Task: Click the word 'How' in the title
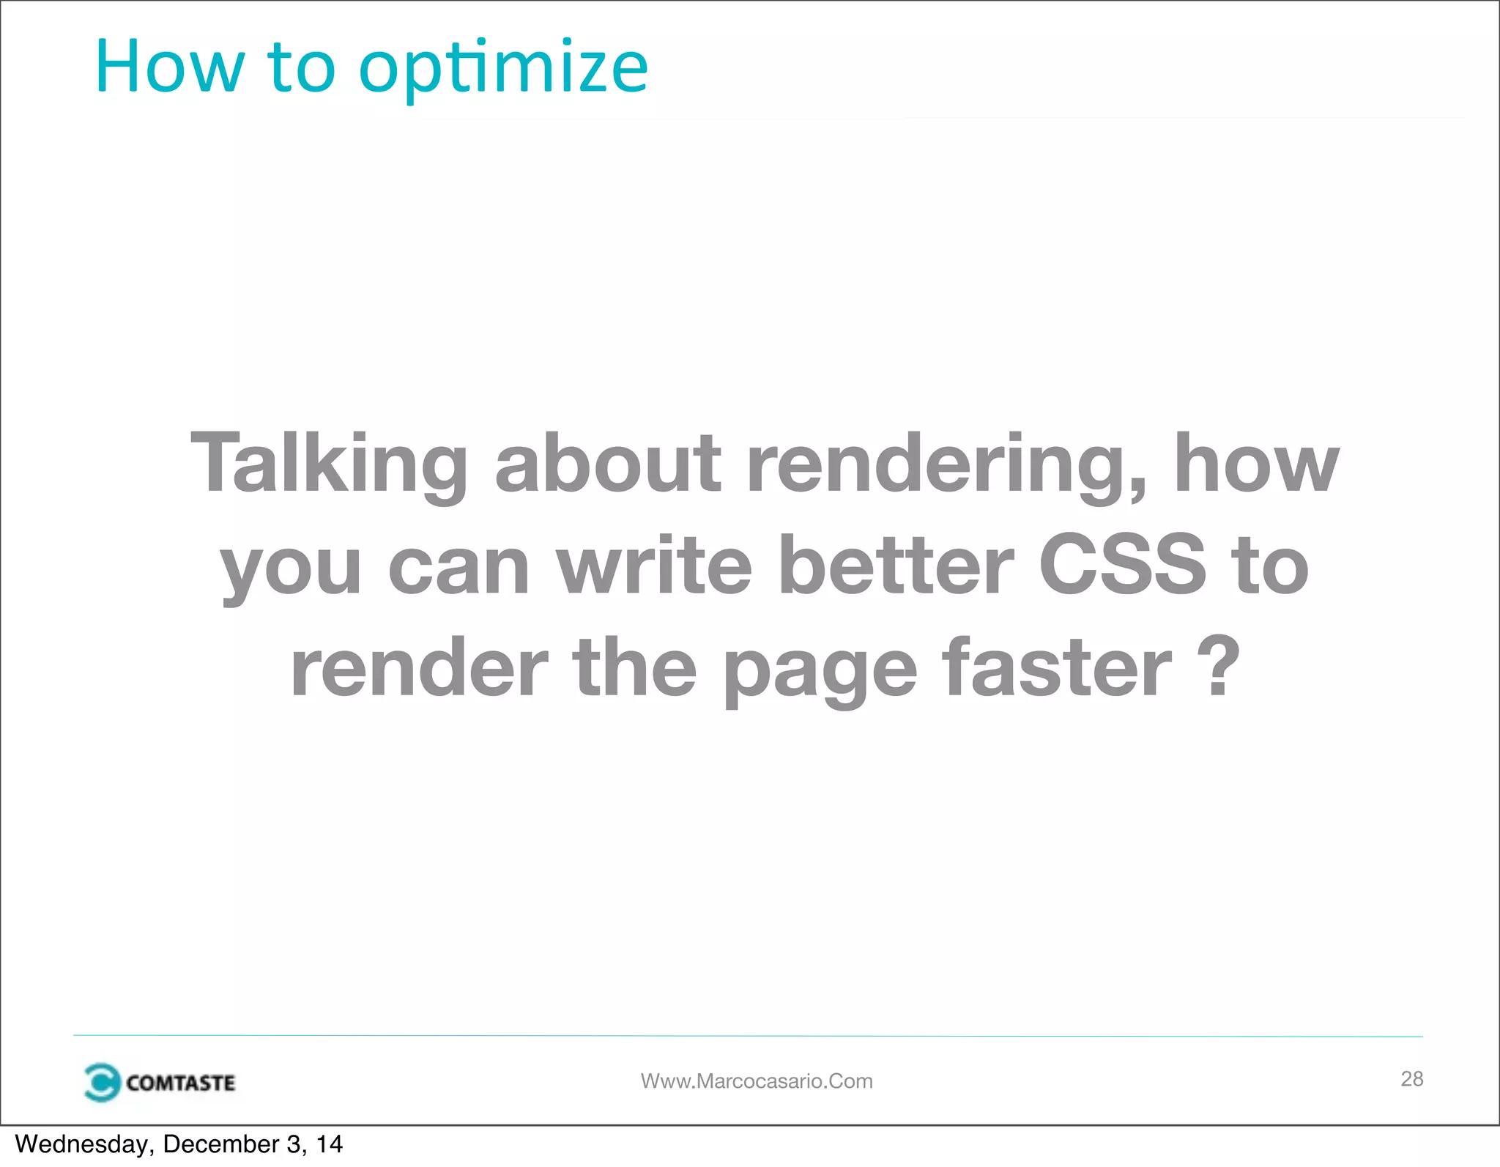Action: (x=169, y=67)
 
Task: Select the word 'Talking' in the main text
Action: (x=329, y=464)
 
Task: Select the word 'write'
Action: (x=654, y=566)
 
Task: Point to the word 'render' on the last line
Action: (x=419, y=667)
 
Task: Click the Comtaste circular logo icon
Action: (x=101, y=1082)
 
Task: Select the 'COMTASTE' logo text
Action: (x=180, y=1083)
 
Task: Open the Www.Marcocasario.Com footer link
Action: (x=757, y=1081)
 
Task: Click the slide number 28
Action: (x=1411, y=1078)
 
